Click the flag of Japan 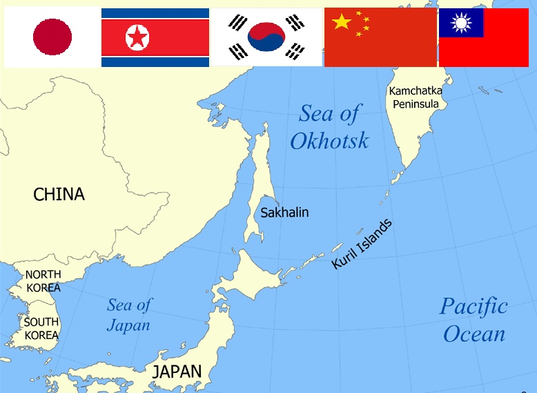click(52, 37)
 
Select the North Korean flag click(155, 37)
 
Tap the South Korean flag click(266, 37)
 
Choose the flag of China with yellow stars click(380, 37)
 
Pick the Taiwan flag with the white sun click(483, 37)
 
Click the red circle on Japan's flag click(52, 37)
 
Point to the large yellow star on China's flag click(342, 22)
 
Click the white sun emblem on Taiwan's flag click(460, 23)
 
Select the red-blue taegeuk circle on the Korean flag click(266, 37)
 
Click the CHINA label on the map click(59, 195)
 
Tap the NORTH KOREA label click(43, 280)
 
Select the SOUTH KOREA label click(41, 329)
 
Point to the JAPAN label click(177, 371)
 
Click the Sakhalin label click(284, 212)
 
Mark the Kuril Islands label click(361, 245)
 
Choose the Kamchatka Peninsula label click(416, 97)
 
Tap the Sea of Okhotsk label click(329, 127)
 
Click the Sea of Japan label click(129, 314)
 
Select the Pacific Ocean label click(474, 320)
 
